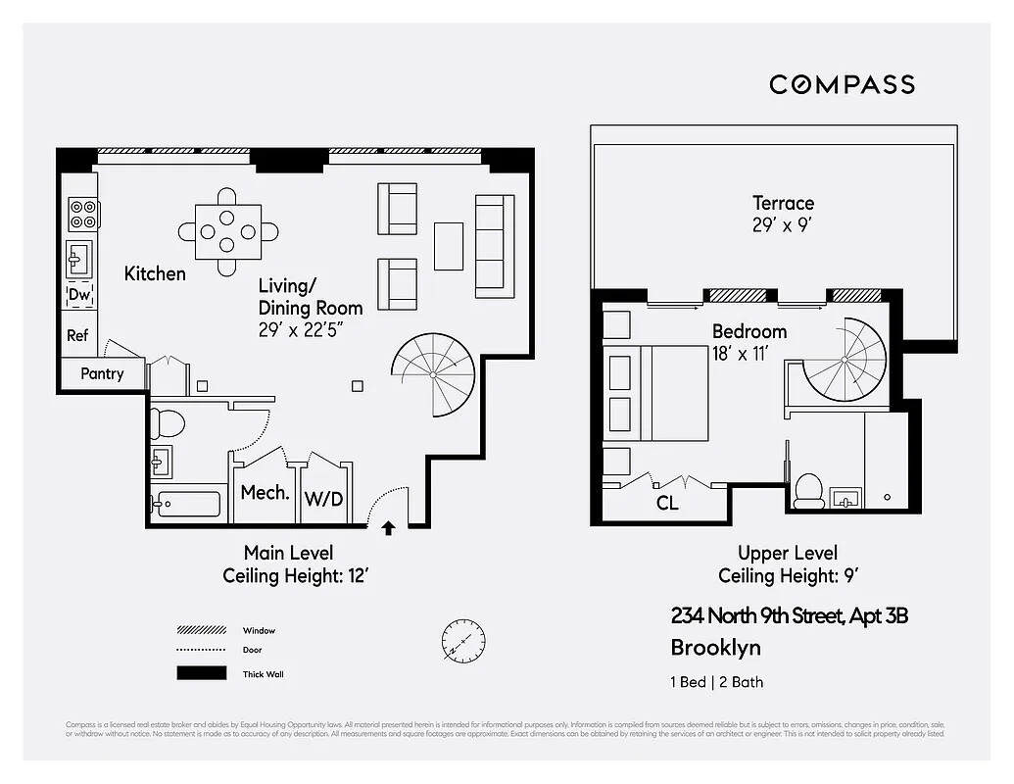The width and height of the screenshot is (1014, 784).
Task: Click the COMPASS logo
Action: pyautogui.click(x=842, y=84)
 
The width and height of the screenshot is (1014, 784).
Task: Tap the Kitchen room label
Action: pyautogui.click(x=155, y=273)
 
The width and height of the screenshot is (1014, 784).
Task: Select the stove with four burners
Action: pyautogui.click(x=83, y=214)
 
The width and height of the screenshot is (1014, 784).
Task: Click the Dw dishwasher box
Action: pyautogui.click(x=79, y=294)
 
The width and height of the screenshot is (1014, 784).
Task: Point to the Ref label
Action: pyautogui.click(x=77, y=335)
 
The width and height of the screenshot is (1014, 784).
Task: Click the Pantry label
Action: pyautogui.click(x=102, y=373)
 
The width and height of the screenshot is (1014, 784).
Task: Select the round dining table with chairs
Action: pyautogui.click(x=227, y=231)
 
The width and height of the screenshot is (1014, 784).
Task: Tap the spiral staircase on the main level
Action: pyautogui.click(x=433, y=373)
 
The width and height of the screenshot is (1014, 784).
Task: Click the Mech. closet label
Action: pyautogui.click(x=265, y=493)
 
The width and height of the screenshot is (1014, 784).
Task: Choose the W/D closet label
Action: pyautogui.click(x=323, y=499)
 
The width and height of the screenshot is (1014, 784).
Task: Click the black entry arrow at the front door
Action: pyautogui.click(x=388, y=528)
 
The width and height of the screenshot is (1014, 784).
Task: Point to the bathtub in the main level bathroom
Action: pyautogui.click(x=186, y=505)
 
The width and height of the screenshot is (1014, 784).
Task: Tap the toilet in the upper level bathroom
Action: pyautogui.click(x=809, y=491)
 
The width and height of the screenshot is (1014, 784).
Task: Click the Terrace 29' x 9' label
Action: pyautogui.click(x=783, y=213)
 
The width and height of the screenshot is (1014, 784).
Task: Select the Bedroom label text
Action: pyautogui.click(x=749, y=331)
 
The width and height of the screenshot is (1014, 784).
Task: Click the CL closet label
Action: pyautogui.click(x=667, y=504)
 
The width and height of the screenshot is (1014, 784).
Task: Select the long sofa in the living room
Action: pyautogui.click(x=495, y=245)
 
